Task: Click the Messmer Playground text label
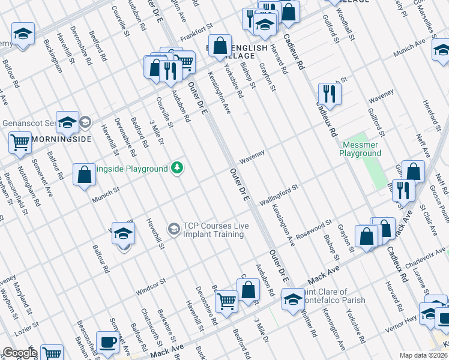[x=360, y=149]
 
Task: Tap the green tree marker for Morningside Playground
[x=176, y=167]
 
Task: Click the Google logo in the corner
[x=19, y=353]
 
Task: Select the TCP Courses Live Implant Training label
[x=216, y=230]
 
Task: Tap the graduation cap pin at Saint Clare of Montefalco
[x=293, y=298]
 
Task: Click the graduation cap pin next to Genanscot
[x=68, y=122]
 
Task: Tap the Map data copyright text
[x=424, y=355]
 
